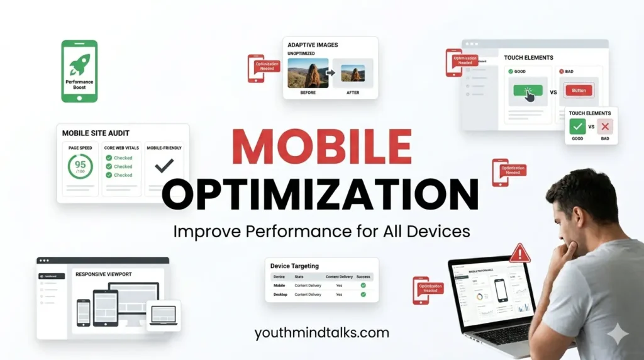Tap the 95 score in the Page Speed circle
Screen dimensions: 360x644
click(80, 166)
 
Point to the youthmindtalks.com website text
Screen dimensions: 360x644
click(321, 333)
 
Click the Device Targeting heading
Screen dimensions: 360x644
click(294, 266)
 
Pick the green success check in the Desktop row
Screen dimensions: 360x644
click(363, 294)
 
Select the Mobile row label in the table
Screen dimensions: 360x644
click(279, 285)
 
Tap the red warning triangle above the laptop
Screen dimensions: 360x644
click(519, 254)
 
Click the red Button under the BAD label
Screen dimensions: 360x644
click(579, 91)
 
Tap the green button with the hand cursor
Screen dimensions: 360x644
click(527, 91)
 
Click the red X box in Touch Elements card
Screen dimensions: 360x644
click(604, 127)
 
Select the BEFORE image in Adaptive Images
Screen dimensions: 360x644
click(308, 73)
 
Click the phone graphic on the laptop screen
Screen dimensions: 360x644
click(501, 290)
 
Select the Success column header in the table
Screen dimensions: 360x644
click(363, 276)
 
